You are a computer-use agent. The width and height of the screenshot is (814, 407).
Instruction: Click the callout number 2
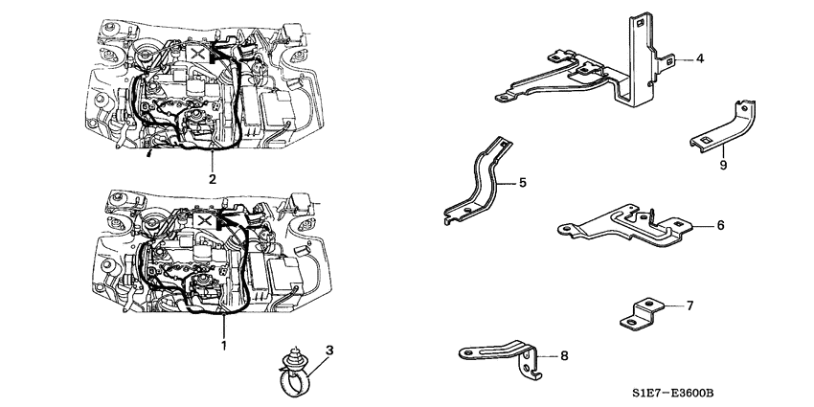212,179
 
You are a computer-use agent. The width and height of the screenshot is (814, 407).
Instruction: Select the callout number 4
700,59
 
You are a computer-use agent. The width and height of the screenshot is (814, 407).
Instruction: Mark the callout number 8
564,356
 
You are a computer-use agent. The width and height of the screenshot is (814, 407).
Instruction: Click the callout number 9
723,165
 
